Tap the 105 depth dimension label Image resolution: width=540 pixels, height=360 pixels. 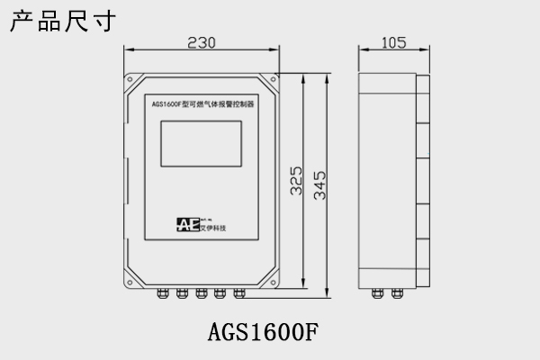(393, 42)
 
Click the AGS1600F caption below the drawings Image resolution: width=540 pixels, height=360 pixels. (264, 333)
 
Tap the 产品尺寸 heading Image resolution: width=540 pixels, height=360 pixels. (62, 21)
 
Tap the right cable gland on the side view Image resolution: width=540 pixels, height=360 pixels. (398, 291)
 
